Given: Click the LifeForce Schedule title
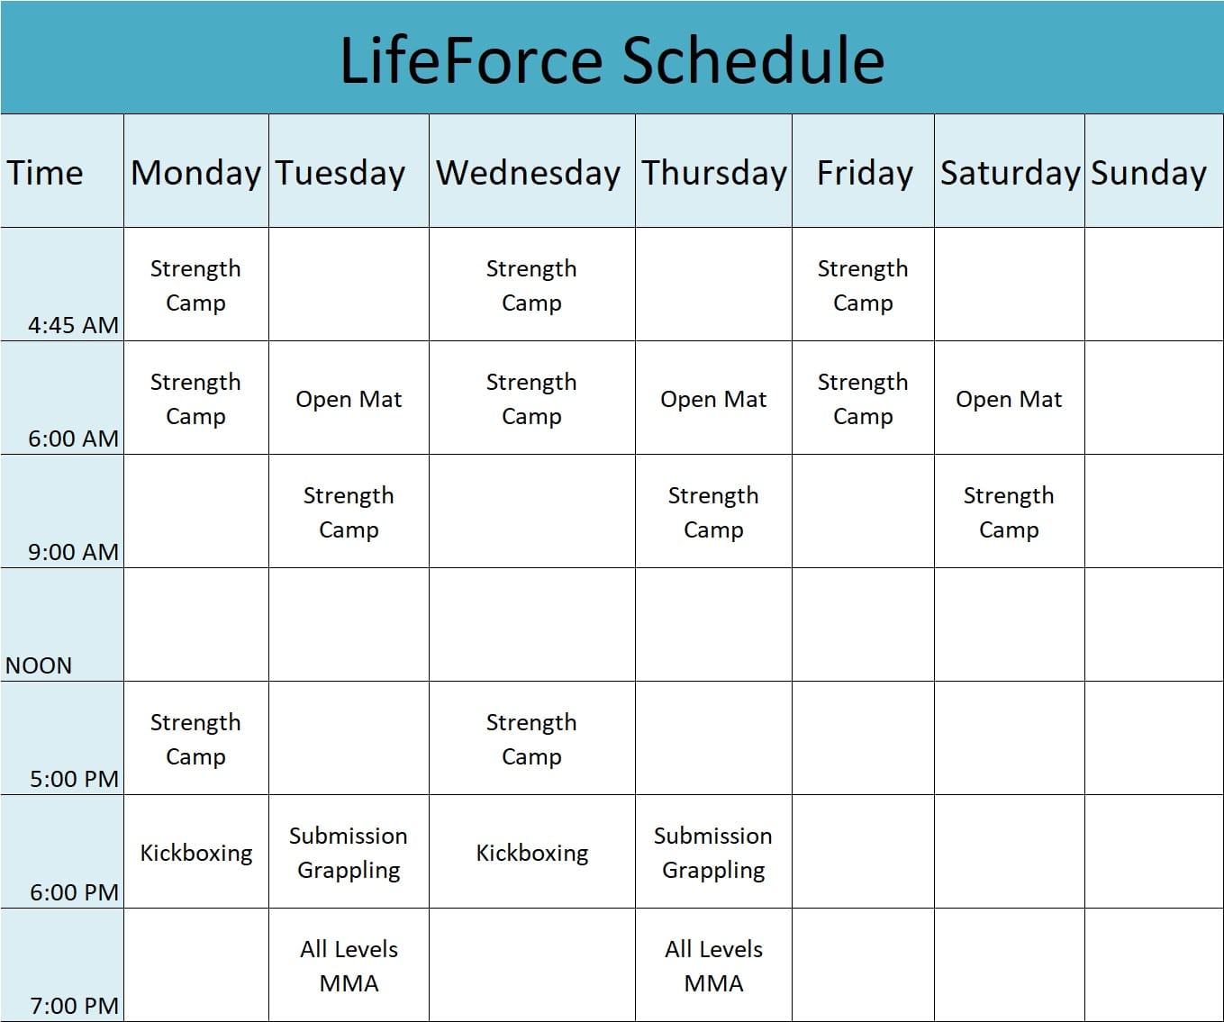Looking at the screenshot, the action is click(612, 60).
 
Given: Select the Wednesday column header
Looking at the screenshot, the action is click(528, 173).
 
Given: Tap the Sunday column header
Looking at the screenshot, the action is click(1148, 174).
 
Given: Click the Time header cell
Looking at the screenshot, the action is click(45, 173).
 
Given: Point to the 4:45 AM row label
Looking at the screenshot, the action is click(73, 325).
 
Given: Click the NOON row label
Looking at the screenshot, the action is click(39, 665).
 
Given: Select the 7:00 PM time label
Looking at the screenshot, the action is click(75, 1006).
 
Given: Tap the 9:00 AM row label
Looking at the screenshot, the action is click(73, 552).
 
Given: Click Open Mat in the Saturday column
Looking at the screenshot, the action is click(1009, 400).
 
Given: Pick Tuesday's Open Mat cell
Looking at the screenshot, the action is click(349, 400).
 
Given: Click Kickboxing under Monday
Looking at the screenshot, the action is click(195, 854).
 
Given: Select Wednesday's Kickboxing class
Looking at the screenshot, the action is click(531, 854).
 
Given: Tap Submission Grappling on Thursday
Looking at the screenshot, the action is click(713, 854).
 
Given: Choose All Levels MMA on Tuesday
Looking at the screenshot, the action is click(349, 966).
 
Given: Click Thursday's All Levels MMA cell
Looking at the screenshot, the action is click(713, 966).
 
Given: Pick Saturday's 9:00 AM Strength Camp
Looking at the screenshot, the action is click(1009, 512).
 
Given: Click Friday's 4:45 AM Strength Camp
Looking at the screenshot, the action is click(863, 286).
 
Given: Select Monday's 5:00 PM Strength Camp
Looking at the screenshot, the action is click(195, 739).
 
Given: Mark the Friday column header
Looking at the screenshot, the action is click(865, 174).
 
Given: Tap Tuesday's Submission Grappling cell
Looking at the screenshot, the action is click(349, 854).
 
